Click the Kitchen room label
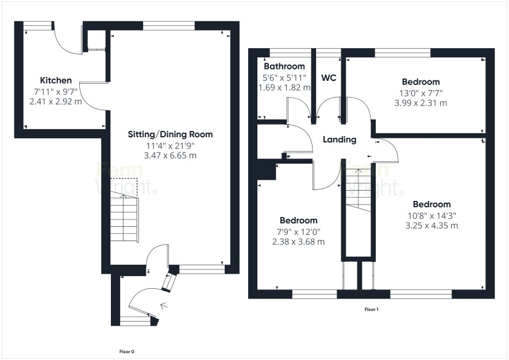tap(56, 80)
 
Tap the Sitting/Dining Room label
tap(170, 134)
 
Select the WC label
tap(329, 78)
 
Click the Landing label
tap(340, 140)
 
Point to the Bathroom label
tap(284, 66)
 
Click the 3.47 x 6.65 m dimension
tap(170, 156)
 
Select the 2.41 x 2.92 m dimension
tap(56, 102)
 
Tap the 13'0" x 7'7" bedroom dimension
tap(421, 94)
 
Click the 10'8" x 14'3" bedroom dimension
tap(432, 216)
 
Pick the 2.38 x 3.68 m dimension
tap(298, 242)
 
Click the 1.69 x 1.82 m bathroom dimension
tap(284, 88)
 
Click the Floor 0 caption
tap(126, 351)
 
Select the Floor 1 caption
tap(371, 309)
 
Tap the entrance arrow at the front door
tap(164, 305)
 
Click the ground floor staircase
tap(125, 216)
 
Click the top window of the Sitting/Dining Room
tap(169, 26)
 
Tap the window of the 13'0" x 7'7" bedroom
tap(403, 53)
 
